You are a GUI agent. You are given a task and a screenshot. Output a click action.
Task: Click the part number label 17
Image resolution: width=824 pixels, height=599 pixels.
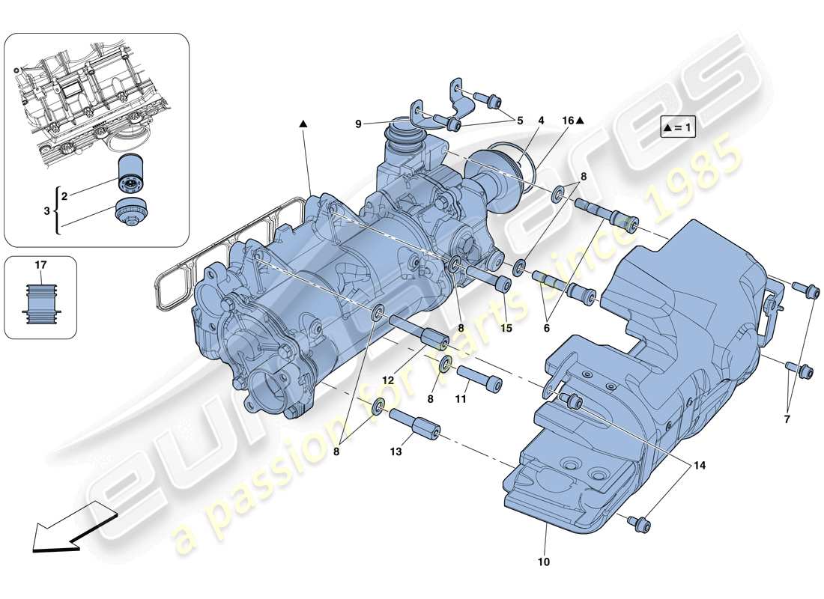(x=40, y=264)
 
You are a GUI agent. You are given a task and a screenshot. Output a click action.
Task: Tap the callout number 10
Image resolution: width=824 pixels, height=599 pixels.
(x=543, y=562)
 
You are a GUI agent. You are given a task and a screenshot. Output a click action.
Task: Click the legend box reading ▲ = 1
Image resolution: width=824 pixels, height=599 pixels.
(x=678, y=128)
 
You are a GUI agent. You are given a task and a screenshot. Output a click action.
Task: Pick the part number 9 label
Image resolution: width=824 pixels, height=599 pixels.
(x=359, y=124)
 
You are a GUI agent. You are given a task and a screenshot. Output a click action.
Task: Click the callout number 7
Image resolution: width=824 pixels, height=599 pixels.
(x=787, y=419)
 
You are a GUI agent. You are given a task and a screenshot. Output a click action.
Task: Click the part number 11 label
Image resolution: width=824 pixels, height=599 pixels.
(x=461, y=400)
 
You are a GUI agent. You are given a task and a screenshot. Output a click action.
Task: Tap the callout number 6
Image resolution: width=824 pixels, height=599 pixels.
(x=546, y=327)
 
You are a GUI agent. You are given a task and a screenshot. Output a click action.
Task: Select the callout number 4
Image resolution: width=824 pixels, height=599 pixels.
(x=540, y=120)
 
